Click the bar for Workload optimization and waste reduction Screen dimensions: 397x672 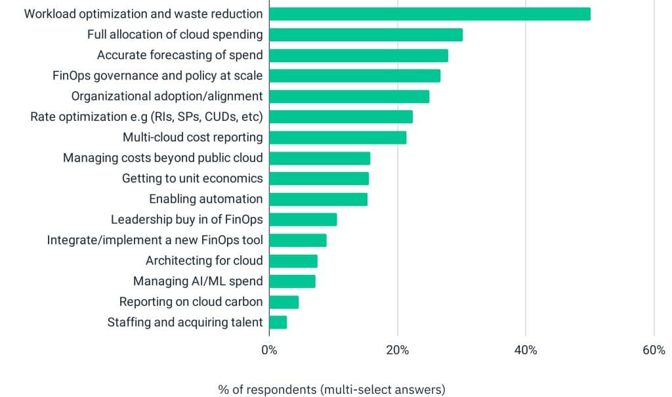click(430, 14)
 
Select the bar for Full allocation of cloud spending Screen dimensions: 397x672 click(366, 35)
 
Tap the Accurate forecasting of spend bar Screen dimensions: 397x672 click(358, 55)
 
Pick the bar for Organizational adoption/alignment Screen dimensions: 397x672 click(349, 96)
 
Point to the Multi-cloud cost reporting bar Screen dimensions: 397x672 click(337, 137)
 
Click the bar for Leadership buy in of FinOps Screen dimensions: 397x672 click(303, 219)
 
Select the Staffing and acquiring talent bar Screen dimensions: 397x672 click(278, 322)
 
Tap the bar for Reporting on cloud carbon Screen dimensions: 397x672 click(283, 302)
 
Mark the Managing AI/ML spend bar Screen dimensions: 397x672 click(292, 282)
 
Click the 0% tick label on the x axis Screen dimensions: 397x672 click(269, 350)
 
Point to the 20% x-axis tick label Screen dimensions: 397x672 click(398, 350)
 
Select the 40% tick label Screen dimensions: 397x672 click(526, 350)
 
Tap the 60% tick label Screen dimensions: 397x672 click(654, 350)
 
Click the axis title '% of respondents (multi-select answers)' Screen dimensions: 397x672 click(331, 390)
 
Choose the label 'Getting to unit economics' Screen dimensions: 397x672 click(192, 178)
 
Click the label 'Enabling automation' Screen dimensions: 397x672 click(205, 199)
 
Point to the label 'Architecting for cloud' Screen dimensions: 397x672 click(204, 261)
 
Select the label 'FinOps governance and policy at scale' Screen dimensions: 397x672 click(157, 75)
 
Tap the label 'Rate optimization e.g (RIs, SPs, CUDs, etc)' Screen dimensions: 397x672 click(146, 117)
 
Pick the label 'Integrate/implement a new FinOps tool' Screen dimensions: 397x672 click(155, 240)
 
